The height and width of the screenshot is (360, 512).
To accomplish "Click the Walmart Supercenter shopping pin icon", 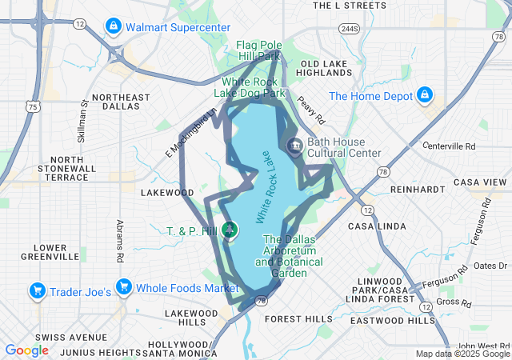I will pos(114,27).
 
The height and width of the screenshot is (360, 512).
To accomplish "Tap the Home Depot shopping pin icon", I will pos(424,96).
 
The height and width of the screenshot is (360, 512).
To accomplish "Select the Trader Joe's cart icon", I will pos(36,290).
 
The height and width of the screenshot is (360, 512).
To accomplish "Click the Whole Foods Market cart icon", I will pos(123,287).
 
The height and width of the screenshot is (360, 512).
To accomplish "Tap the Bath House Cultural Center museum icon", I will pos(294,146).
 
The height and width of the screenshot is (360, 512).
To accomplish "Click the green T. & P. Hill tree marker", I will pos(230,230).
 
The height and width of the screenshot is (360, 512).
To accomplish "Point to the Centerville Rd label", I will pos(449,146).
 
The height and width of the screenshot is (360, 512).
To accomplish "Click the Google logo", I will pos(26,350).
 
